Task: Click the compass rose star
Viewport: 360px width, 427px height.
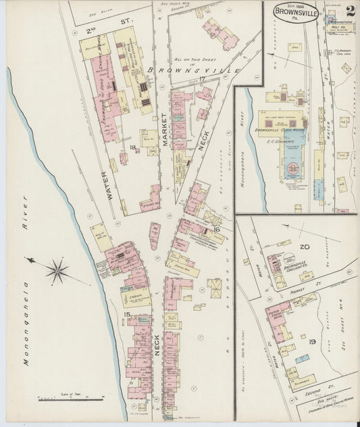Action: click(x=57, y=272)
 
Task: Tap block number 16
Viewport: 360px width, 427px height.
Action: click(x=217, y=230)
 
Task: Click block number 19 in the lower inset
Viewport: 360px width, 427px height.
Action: click(x=313, y=343)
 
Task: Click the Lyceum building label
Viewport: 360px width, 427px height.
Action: click(x=132, y=295)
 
